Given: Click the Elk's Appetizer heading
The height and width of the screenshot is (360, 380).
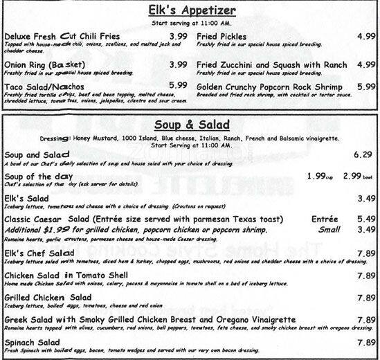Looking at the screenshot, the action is (190, 11).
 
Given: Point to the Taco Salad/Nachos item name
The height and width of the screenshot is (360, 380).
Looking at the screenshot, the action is (44, 85).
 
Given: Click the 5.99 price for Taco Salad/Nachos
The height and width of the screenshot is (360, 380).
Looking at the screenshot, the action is (179, 85).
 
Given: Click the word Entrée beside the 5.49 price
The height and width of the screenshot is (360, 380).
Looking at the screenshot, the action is (325, 218).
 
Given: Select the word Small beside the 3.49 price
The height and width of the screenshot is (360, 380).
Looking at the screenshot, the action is (328, 229).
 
